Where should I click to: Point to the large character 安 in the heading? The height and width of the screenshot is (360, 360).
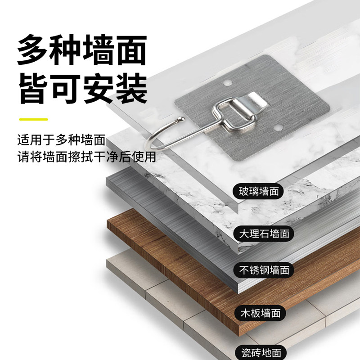98,89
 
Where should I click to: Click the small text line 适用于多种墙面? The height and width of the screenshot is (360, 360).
61,140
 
